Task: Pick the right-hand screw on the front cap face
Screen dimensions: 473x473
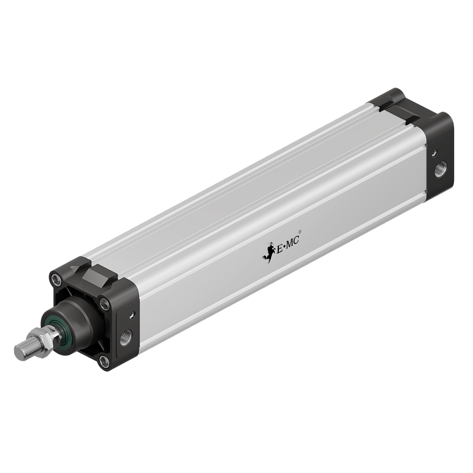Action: pos(105,305)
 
